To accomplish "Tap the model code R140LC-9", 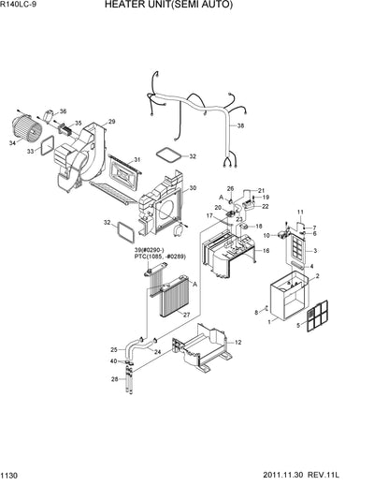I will click(x=23, y=6).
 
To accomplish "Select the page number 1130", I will click(x=12, y=477).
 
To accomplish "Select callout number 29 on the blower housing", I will click(x=111, y=122).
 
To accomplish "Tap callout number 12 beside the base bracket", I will click(x=237, y=342).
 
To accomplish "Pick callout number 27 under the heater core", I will click(x=186, y=315).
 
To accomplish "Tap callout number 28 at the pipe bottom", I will click(x=114, y=379).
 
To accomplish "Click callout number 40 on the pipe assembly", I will click(x=114, y=361).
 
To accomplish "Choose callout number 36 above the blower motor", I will click(x=63, y=111).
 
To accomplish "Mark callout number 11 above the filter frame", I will click(x=300, y=213).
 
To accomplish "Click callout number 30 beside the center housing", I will click(x=192, y=188).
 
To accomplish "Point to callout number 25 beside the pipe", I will click(x=114, y=349).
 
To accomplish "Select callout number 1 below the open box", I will click(x=270, y=321).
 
